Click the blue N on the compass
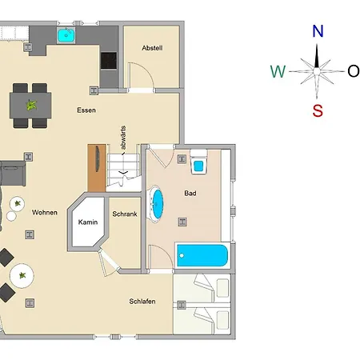coord(318,31)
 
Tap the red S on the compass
coord(318,110)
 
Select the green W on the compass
coord(278,71)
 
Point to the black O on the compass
coord(354,71)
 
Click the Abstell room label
coord(152,48)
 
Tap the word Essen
coord(86,110)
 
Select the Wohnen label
coord(45,212)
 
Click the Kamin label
coord(88,222)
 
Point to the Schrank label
coord(125,214)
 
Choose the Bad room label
coord(190,193)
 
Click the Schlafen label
coord(142,302)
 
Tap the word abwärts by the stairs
coord(123,138)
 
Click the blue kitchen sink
coord(66,35)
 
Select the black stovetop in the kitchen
coord(109,61)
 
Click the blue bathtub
coord(202,255)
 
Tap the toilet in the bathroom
coord(198,162)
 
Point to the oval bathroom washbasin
coord(156,204)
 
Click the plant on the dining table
coord(31,105)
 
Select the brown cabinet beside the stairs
coord(97,168)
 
